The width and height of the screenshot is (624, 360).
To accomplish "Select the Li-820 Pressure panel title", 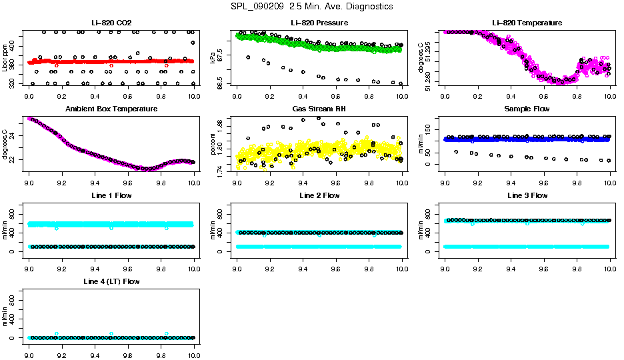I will pos(319,23).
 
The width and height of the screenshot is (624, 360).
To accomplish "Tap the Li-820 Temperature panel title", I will pos(527,23).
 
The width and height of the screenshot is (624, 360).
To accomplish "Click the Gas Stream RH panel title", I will pos(319,109).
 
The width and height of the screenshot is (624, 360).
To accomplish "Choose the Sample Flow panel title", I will pos(527,109).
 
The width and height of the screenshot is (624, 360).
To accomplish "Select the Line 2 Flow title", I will pos(319,195).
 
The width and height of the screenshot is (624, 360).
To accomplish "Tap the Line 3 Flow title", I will pos(527,195).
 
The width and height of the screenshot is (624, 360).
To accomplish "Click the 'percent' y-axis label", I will pos(213,143).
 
